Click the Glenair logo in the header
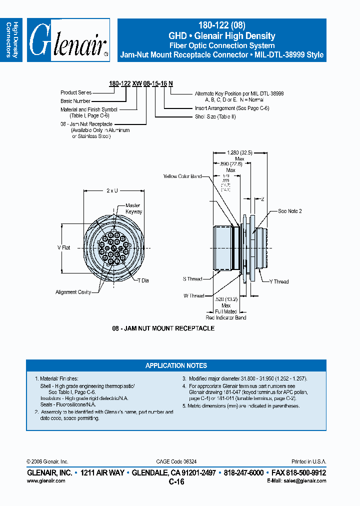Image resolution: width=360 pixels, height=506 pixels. tap(68, 40)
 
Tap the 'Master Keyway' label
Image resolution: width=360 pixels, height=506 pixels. tap(133, 208)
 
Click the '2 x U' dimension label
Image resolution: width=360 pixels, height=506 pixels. tap(112, 190)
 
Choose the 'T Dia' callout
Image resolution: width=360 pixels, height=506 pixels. tap(143, 280)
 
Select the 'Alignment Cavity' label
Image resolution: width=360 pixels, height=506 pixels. tap(73, 292)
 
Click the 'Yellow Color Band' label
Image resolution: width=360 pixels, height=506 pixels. tap(182, 176)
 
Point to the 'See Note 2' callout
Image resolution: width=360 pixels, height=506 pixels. tap(290, 211)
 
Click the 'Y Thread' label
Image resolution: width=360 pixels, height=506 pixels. tap(279, 281)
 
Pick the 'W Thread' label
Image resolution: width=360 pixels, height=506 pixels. tap(193, 295)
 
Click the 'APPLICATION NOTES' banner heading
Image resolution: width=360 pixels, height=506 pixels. tap(176, 365)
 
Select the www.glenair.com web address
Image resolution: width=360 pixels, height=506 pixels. tap(45, 480)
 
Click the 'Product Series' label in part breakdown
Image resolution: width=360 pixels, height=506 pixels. tap(76, 92)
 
